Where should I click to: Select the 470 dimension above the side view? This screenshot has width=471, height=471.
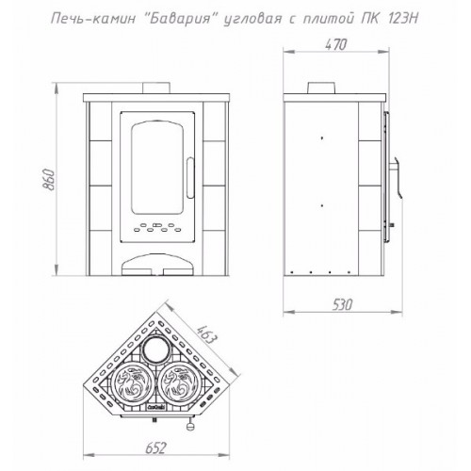[x=335, y=45]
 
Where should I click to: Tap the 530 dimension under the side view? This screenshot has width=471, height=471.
[x=342, y=304]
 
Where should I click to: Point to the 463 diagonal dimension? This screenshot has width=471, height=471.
[x=206, y=337]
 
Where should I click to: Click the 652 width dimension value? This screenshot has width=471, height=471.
[x=155, y=448]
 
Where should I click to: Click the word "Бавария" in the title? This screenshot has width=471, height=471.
[x=179, y=19]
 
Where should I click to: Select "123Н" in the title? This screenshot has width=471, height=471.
[x=403, y=19]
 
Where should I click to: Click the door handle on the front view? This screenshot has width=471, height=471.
[x=190, y=178]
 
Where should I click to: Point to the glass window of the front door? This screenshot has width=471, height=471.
[x=157, y=169]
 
